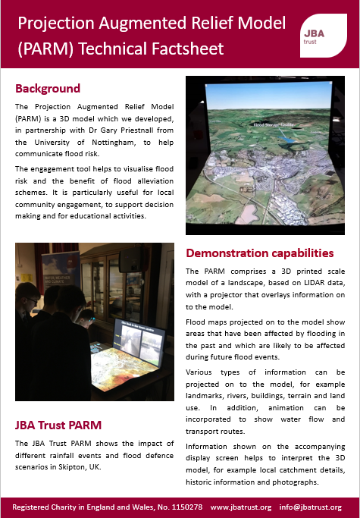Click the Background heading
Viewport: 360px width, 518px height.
tap(48, 88)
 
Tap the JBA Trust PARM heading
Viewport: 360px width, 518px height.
tap(58, 424)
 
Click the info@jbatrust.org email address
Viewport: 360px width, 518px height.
tap(311, 507)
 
